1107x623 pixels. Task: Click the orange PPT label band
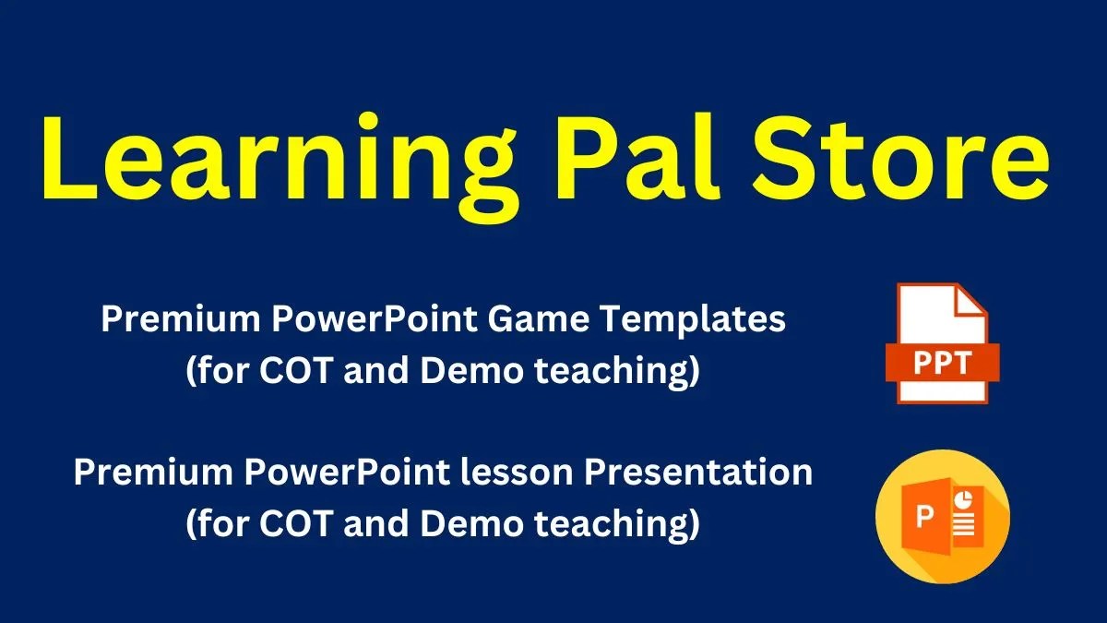click(942, 361)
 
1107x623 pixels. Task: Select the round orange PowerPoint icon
click(942, 516)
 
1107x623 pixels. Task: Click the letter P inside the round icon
click(924, 518)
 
